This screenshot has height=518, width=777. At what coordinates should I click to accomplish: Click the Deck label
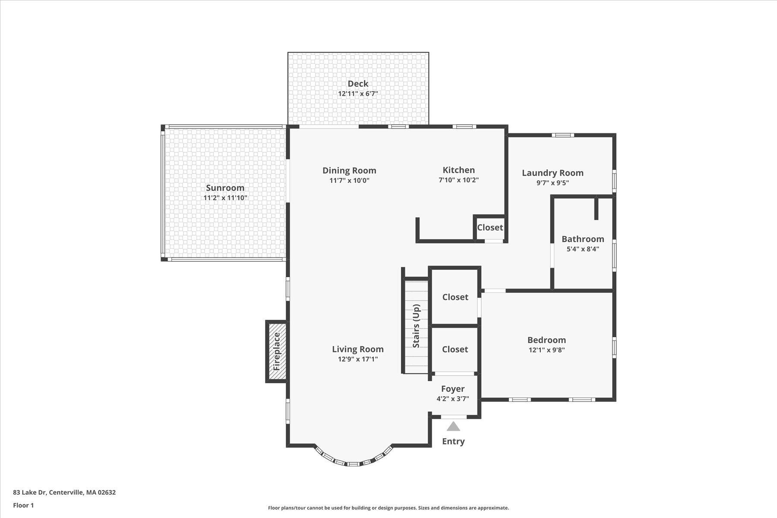358,84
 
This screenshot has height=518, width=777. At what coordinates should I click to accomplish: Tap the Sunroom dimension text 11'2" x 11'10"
225,198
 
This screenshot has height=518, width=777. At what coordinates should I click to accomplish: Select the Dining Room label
349,171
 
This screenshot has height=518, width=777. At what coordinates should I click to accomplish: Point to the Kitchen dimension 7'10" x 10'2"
458,180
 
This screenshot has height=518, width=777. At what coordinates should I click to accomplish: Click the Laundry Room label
553,173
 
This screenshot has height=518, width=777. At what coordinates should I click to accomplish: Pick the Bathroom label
582,239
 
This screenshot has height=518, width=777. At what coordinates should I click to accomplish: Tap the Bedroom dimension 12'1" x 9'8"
546,350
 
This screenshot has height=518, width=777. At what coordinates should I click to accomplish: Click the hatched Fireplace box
277,351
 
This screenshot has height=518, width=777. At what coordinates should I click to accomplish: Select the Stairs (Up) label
416,326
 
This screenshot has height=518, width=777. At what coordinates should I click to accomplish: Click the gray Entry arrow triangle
453,427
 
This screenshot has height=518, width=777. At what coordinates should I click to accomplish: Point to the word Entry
453,441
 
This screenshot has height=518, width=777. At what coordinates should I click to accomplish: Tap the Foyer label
452,389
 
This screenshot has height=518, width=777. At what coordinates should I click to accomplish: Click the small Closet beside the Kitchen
490,227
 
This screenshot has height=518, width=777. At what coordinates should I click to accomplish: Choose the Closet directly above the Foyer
455,349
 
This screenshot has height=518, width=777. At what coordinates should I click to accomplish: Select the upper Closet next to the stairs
455,297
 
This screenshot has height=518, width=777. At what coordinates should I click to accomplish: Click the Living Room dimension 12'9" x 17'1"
357,359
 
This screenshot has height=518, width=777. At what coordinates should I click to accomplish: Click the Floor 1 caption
23,505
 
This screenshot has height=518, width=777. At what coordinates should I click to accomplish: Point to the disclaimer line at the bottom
388,508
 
